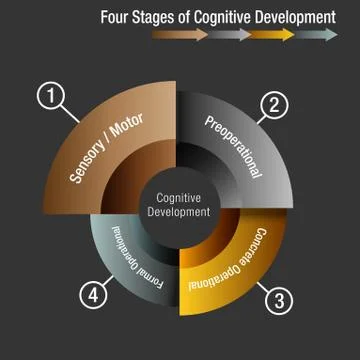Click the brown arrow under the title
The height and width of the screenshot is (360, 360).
180,35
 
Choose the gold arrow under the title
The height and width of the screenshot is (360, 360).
273,35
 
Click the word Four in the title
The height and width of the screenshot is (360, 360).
117,17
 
